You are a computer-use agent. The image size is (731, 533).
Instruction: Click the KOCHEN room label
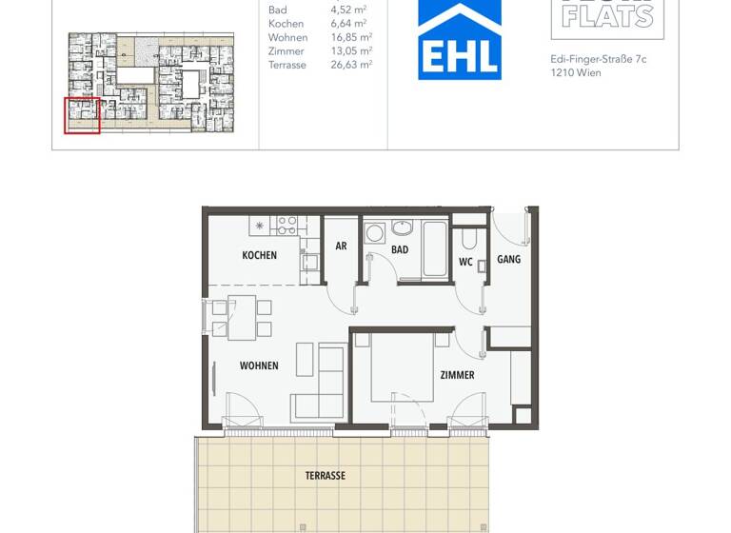click(259, 255)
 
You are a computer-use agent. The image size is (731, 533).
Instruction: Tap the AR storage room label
click(341, 246)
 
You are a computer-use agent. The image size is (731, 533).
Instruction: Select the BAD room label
click(400, 250)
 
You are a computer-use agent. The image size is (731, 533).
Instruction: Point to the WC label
click(465, 261)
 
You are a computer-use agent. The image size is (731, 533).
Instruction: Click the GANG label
click(508, 259)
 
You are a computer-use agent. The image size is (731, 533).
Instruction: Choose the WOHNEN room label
click(259, 365)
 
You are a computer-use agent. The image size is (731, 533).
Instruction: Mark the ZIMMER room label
click(457, 375)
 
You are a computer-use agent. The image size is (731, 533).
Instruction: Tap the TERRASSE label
click(326, 475)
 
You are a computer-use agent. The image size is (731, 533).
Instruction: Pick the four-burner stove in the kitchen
click(286, 226)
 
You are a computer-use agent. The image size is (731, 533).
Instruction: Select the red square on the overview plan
click(82, 115)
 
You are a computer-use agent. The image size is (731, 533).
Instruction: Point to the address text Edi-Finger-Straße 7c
click(598, 59)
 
